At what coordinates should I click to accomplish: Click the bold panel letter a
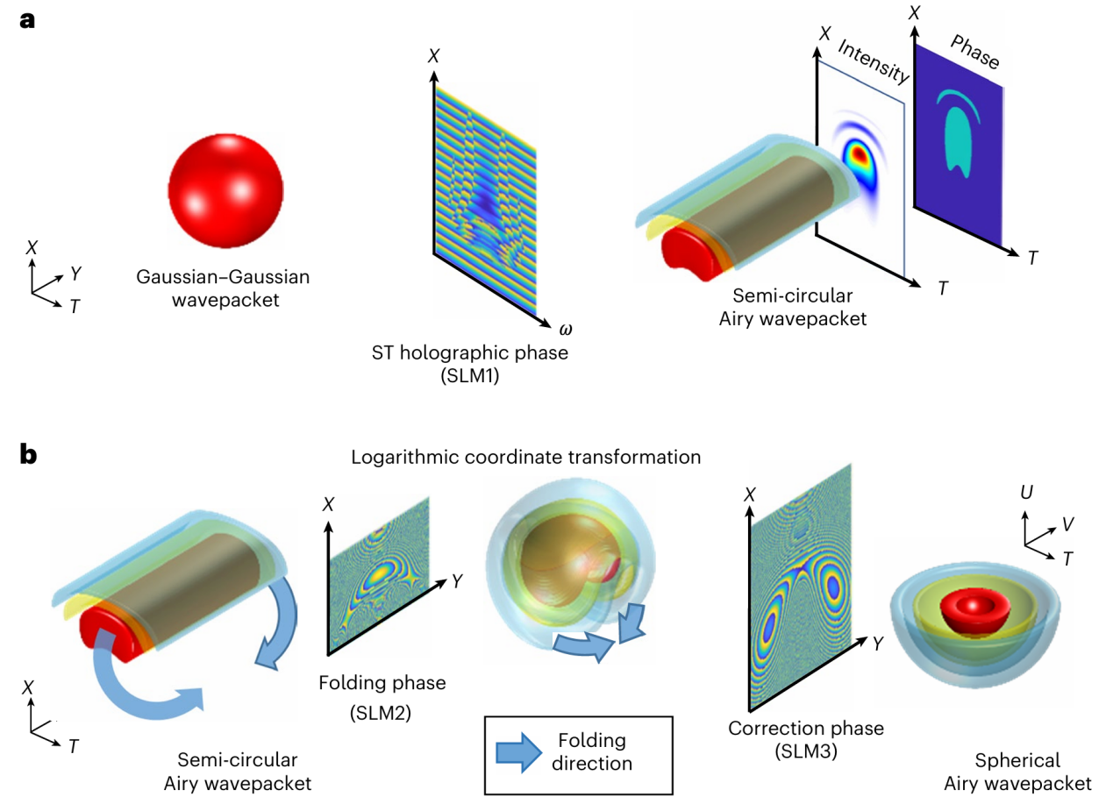click(x=28, y=20)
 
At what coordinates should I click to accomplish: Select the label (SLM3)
click(x=806, y=751)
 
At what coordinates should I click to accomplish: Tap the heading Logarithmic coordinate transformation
click(x=525, y=457)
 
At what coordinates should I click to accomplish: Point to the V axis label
click(x=1067, y=523)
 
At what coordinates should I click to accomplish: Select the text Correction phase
click(x=806, y=729)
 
